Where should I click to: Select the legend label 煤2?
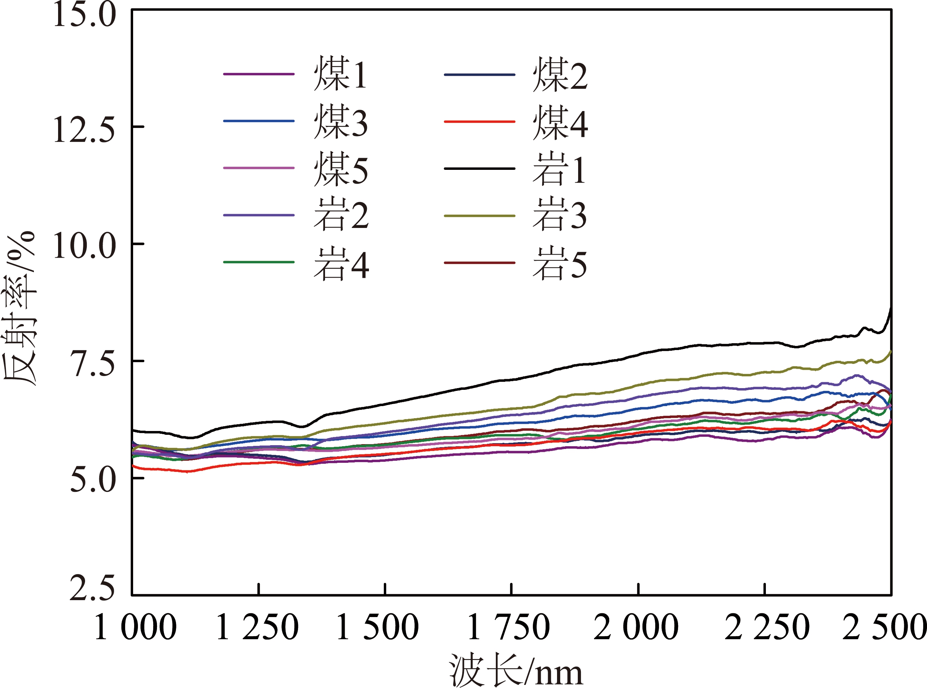[560, 75]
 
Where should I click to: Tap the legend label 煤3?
[341, 122]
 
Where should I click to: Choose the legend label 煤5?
[341, 169]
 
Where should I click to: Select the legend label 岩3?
[560, 215]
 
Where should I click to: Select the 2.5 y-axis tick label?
[92, 588]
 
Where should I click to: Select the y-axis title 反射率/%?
[20, 309]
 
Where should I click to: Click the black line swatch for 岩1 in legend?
[480, 169]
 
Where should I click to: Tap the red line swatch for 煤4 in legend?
[480, 122]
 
